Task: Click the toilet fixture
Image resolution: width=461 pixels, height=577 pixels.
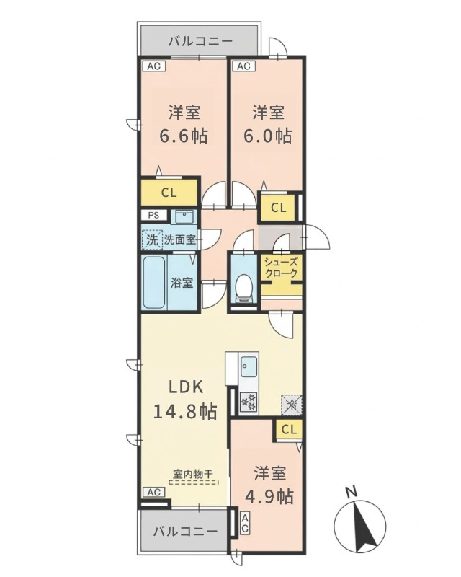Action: tap(243, 288)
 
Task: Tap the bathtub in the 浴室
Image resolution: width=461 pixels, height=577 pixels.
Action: tap(153, 282)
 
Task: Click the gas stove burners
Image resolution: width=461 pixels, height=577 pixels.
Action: tap(248, 402)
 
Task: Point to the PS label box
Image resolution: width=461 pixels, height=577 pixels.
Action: tap(154, 215)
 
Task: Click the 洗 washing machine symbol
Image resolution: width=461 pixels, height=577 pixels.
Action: tap(152, 240)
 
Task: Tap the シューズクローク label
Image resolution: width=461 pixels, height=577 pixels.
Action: tap(281, 268)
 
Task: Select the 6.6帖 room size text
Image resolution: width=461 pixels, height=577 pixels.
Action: tap(184, 136)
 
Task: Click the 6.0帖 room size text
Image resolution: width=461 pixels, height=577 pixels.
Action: tap(268, 136)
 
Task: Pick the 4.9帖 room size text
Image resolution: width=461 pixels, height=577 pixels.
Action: tap(269, 497)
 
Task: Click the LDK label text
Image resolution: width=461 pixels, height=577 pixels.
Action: tap(186, 387)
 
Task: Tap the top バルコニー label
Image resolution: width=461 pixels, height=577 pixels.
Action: tap(201, 41)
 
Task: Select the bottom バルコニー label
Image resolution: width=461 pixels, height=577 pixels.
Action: tap(185, 532)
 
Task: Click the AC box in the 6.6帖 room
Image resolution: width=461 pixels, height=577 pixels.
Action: tap(154, 66)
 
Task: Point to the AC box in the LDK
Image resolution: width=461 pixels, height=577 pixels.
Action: tap(154, 492)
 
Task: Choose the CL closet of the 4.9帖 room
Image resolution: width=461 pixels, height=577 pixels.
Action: tap(289, 429)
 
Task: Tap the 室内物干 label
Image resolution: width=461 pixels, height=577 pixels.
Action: tap(192, 474)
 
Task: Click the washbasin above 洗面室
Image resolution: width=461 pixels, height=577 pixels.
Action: tap(184, 217)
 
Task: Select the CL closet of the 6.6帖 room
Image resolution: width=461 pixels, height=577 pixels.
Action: tap(169, 193)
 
